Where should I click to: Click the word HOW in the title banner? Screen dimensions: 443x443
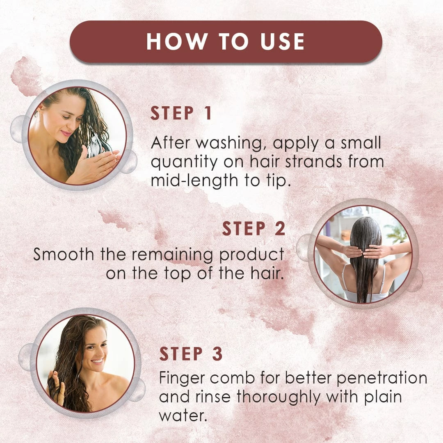(x=177, y=41)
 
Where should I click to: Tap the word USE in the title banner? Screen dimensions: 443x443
(x=282, y=41)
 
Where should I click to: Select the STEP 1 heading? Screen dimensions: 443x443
(x=181, y=113)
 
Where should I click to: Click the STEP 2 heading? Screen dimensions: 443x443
(x=254, y=228)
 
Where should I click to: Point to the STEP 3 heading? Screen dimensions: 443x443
(x=191, y=354)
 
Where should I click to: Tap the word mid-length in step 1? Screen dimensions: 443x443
(x=194, y=181)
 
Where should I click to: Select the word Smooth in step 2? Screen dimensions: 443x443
(x=64, y=254)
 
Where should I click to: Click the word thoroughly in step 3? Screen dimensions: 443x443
(x=279, y=397)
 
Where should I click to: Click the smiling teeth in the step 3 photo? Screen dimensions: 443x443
(x=98, y=361)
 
